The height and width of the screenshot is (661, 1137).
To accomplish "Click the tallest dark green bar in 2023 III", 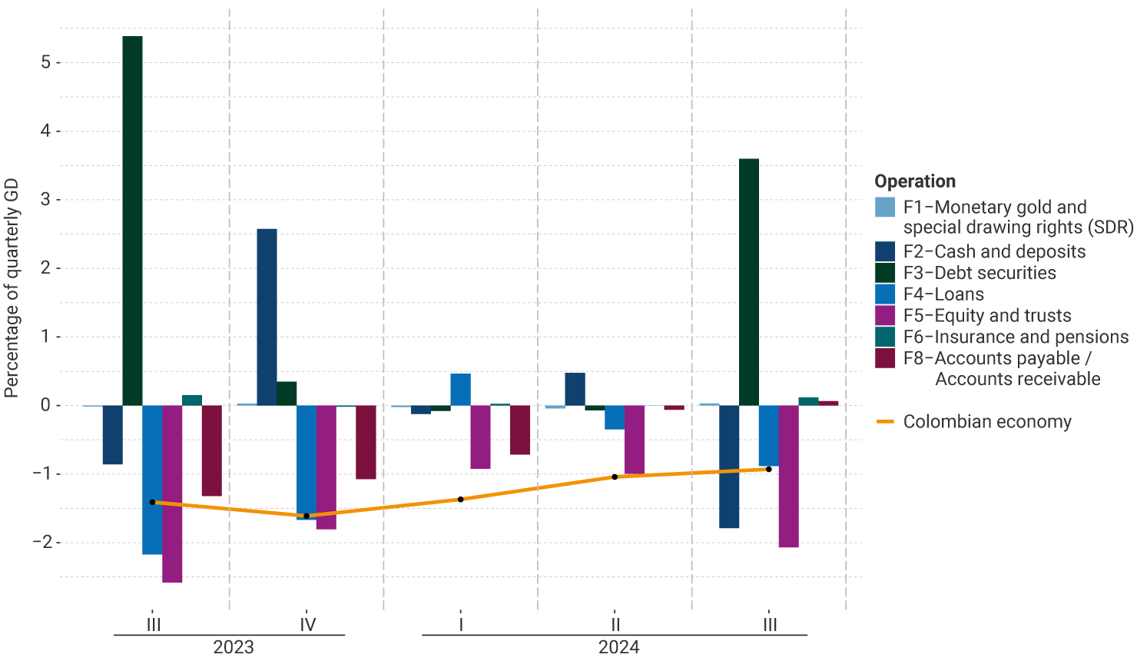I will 132,221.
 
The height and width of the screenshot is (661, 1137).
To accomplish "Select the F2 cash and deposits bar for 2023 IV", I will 267,317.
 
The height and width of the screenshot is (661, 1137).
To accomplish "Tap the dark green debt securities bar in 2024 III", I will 748,282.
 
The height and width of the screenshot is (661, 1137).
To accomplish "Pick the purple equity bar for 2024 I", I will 480,437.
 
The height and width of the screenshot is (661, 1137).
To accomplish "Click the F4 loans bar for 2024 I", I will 460,390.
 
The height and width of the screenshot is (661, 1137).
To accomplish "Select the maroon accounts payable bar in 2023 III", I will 211,450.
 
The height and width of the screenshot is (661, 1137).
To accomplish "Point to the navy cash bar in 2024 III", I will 728,467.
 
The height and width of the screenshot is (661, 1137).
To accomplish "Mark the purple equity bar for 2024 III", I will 788,476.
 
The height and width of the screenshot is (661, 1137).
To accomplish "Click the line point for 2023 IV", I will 307,516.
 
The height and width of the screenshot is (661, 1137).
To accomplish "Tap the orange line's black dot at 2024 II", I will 615,477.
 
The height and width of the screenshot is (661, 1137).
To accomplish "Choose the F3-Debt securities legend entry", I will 979,273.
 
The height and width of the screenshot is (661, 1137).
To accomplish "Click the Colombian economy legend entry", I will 986,422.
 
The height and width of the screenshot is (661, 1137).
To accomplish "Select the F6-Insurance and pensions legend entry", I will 1015,337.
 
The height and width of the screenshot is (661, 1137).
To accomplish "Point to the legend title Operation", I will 915,181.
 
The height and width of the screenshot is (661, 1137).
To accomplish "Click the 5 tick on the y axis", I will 46,62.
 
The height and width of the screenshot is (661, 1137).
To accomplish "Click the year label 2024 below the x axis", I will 618,647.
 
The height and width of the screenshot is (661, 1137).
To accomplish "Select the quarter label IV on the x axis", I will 307,625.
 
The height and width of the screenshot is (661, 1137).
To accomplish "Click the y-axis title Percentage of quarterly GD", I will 12,288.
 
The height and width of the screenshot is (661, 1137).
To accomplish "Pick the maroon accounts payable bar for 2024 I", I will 519,430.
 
